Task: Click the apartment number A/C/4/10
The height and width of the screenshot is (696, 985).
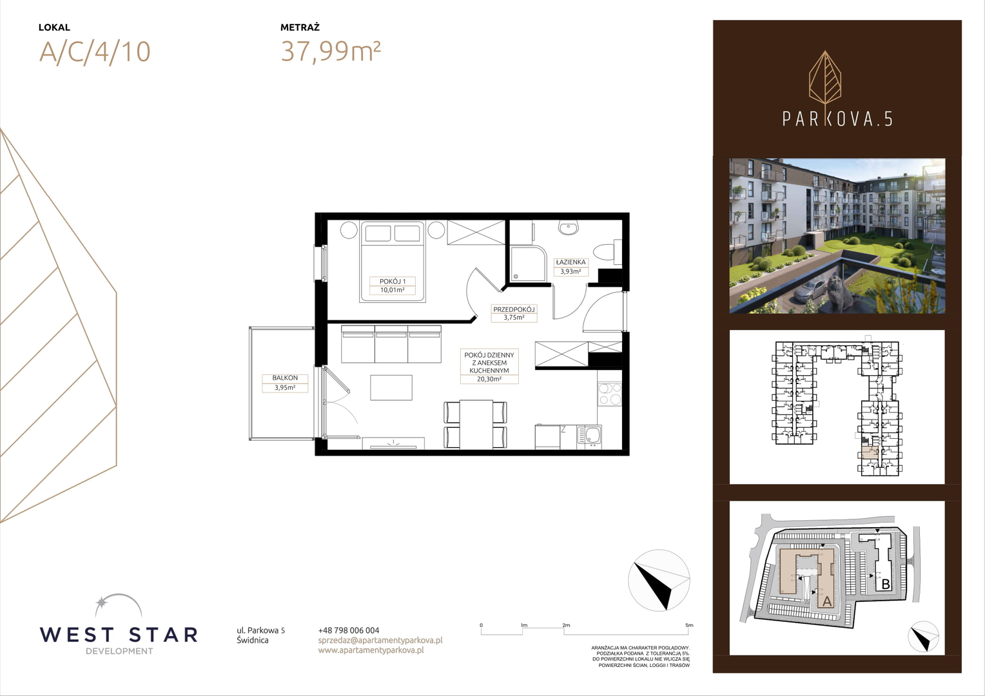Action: [95, 52]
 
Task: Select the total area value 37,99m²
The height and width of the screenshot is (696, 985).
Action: [331, 51]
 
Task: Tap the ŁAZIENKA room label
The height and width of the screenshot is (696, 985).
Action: [571, 262]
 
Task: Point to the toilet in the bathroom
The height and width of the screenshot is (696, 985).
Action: [607, 253]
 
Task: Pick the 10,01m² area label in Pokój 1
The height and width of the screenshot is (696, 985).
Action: [392, 290]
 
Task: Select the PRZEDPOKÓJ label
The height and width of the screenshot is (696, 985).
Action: [514, 309]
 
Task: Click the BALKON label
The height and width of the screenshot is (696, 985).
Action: [285, 378]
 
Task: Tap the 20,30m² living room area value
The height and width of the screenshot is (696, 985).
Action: [489, 378]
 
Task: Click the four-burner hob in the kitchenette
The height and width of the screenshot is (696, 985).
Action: [609, 394]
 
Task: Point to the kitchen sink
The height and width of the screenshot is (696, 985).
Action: [589, 436]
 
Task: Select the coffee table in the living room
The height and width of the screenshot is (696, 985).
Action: [391, 387]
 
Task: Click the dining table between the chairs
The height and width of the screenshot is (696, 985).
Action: [476, 424]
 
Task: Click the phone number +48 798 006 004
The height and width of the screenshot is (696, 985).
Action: [349, 630]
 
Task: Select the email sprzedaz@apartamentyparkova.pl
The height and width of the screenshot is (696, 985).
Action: [380, 641]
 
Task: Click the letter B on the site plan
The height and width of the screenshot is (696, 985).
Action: [886, 585]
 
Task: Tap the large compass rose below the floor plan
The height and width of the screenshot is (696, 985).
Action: [659, 581]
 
